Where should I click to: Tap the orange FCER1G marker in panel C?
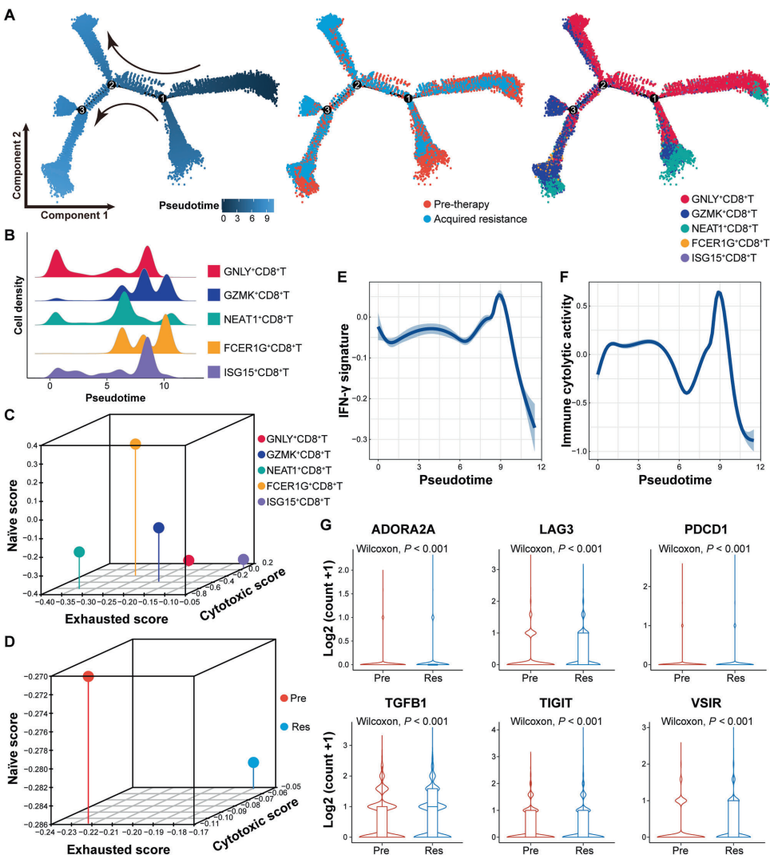pyautogui.click(x=135, y=444)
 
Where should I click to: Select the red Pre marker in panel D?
pyautogui.click(x=88, y=677)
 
